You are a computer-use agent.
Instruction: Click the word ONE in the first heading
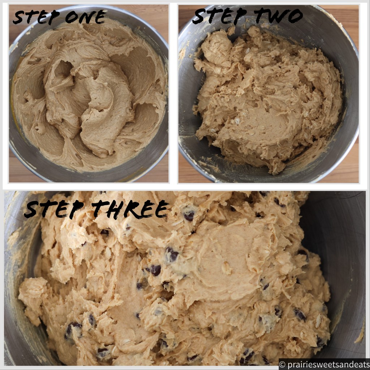click(x=85, y=17)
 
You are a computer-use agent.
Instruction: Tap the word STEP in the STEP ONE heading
click(x=36, y=17)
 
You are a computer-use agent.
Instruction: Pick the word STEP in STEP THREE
click(x=54, y=209)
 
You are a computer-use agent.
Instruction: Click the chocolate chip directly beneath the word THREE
click(x=189, y=216)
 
